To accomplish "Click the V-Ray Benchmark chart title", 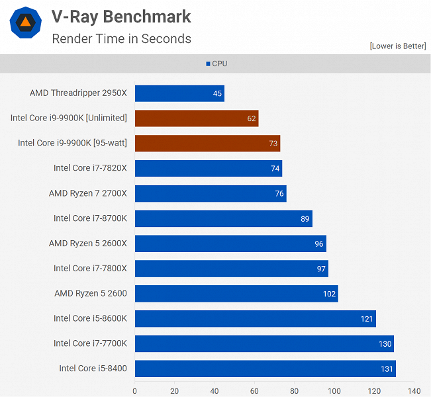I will point(121,17).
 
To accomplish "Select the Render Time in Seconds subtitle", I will point(121,38).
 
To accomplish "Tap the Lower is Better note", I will point(397,46).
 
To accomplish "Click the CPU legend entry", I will point(216,64).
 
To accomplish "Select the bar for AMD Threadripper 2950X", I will point(179,93).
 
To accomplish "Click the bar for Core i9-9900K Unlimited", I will point(197,118).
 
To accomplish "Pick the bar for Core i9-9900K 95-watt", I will point(207,144).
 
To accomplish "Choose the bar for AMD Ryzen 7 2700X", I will point(211,194).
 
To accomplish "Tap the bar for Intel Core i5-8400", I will point(265,369).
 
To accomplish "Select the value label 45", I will point(217,93).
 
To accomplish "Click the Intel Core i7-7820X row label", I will point(90,168).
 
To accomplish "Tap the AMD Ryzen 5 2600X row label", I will point(87,243).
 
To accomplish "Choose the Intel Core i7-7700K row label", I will point(90,343).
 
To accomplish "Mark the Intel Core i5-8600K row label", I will point(90,318).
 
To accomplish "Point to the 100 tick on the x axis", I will point(334,390).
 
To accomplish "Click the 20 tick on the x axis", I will point(175,390).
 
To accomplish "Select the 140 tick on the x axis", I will point(414,390).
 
